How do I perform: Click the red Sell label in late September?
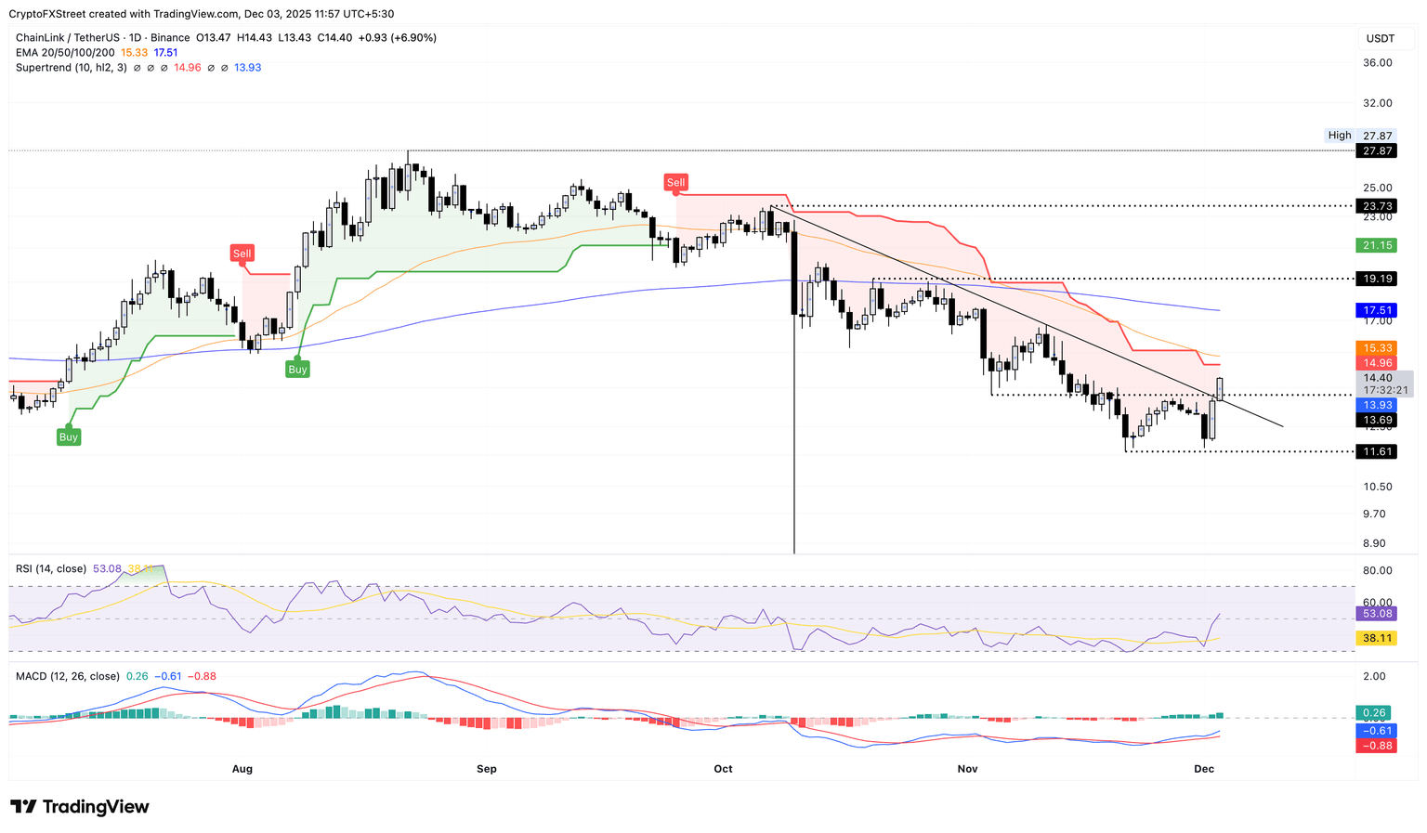[675, 183]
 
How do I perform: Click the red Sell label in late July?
[242, 254]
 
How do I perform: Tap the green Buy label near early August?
[297, 369]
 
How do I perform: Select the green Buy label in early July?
[69, 436]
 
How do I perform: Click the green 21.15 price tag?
[1377, 245]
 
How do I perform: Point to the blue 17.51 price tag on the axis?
[1377, 310]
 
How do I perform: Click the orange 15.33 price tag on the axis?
[1377, 347]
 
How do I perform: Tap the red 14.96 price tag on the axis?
[1377, 363]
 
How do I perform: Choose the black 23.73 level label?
[1377, 206]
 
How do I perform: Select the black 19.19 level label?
[1377, 279]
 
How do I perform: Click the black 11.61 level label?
[1377, 451]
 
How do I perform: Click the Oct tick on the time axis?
[723, 769]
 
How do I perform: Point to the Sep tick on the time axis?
[486, 769]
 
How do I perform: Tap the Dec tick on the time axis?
[1204, 769]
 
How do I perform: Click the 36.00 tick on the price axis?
[1377, 63]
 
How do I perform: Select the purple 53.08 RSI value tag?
[1377, 614]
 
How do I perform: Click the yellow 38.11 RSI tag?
[1377, 638]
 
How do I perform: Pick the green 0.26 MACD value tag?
[1374, 713]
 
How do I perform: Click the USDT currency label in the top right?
[1381, 38]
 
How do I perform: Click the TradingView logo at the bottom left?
[80, 807]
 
